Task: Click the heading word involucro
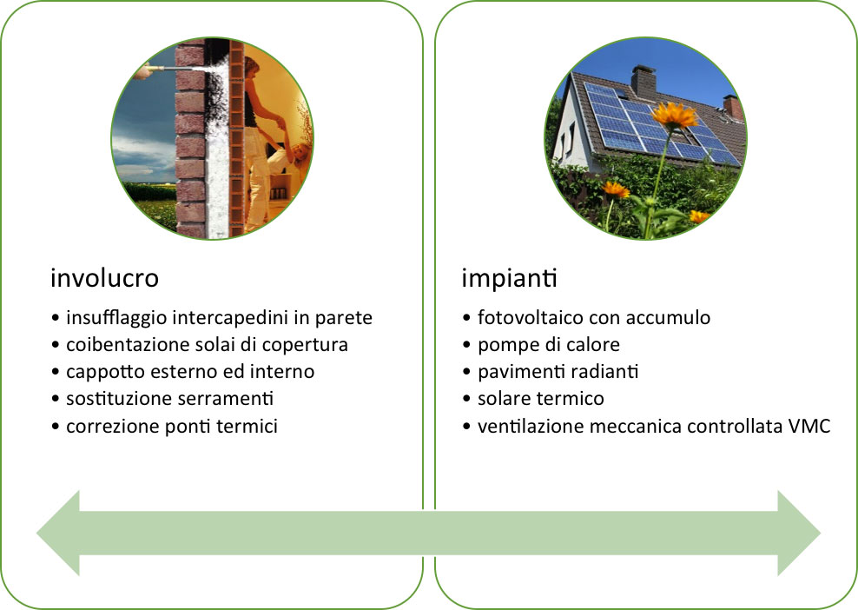[x=104, y=277]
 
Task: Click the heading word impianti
[x=510, y=277]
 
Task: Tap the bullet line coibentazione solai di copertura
[x=207, y=345]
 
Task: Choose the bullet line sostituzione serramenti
[x=169, y=398]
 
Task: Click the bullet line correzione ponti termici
[x=172, y=426]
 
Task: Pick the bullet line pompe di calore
[x=549, y=345]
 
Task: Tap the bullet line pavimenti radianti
[x=558, y=372]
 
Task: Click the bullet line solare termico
[x=541, y=399]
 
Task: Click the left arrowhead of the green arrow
[x=58, y=533]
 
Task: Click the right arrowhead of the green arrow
[x=799, y=534]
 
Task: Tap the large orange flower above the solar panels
[x=674, y=115]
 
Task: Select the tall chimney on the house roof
[x=643, y=83]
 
